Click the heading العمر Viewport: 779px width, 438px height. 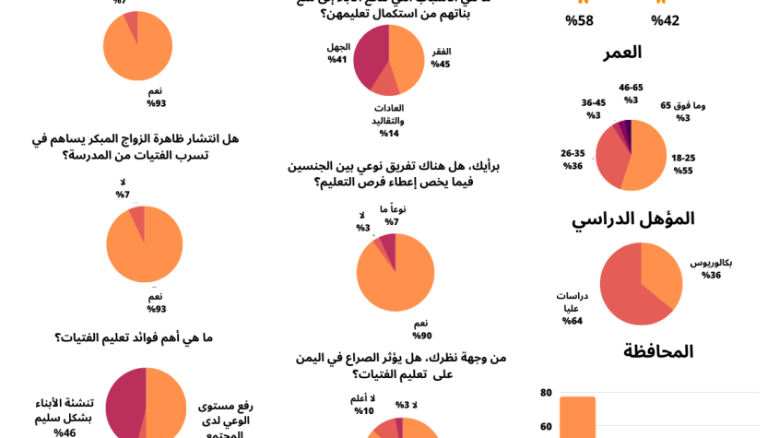[x=622, y=53]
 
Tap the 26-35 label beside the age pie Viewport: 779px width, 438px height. [x=572, y=160]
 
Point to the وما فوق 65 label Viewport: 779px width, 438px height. [x=682, y=111]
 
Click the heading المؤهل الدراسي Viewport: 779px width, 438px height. [x=632, y=219]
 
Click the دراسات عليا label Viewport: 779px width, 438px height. [x=572, y=308]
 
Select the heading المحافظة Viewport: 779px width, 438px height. [x=658, y=351]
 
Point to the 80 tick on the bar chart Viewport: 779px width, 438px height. [x=546, y=393]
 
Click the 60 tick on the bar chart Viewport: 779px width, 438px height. [x=546, y=427]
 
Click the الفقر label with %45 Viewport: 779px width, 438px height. [x=441, y=57]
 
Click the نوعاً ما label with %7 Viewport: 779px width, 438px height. [x=392, y=215]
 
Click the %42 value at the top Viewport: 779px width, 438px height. [x=665, y=20]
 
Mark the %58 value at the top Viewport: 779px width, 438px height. [x=579, y=20]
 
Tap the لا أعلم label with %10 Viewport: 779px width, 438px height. [x=363, y=404]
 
